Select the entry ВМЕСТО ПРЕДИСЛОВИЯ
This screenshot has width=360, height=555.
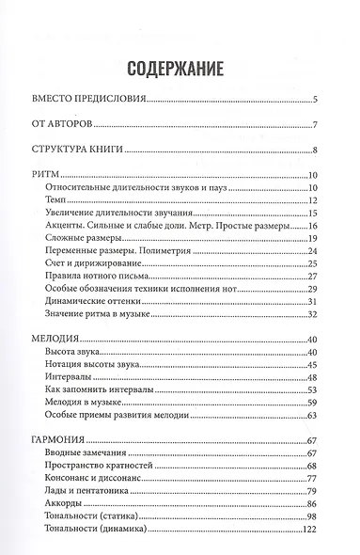[88, 99]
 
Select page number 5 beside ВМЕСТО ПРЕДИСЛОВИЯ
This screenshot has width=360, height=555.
[321, 99]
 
